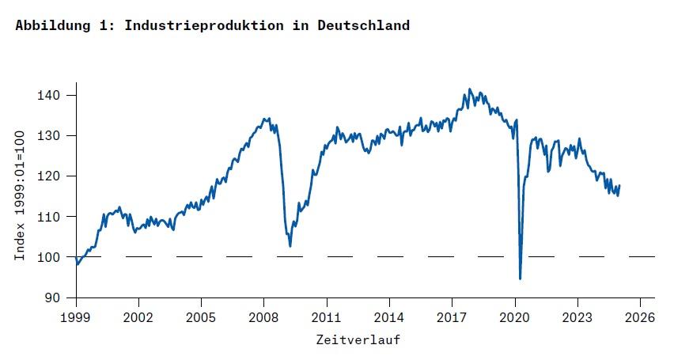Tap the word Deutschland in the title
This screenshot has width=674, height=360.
(x=364, y=25)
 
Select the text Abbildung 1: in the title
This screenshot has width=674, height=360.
(x=66, y=25)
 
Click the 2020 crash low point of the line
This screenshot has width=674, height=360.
(x=520, y=279)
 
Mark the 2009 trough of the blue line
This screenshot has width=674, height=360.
(x=290, y=246)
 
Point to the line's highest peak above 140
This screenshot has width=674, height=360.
(x=469, y=89)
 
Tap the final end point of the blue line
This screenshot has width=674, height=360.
(x=619, y=185)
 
